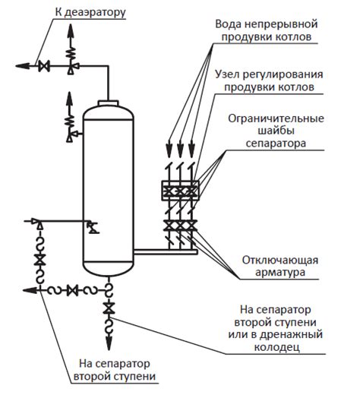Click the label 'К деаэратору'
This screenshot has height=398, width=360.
click(90, 13)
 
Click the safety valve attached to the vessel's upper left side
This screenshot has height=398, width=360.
click(71, 132)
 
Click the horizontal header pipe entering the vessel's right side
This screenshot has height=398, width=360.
click(163, 248)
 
